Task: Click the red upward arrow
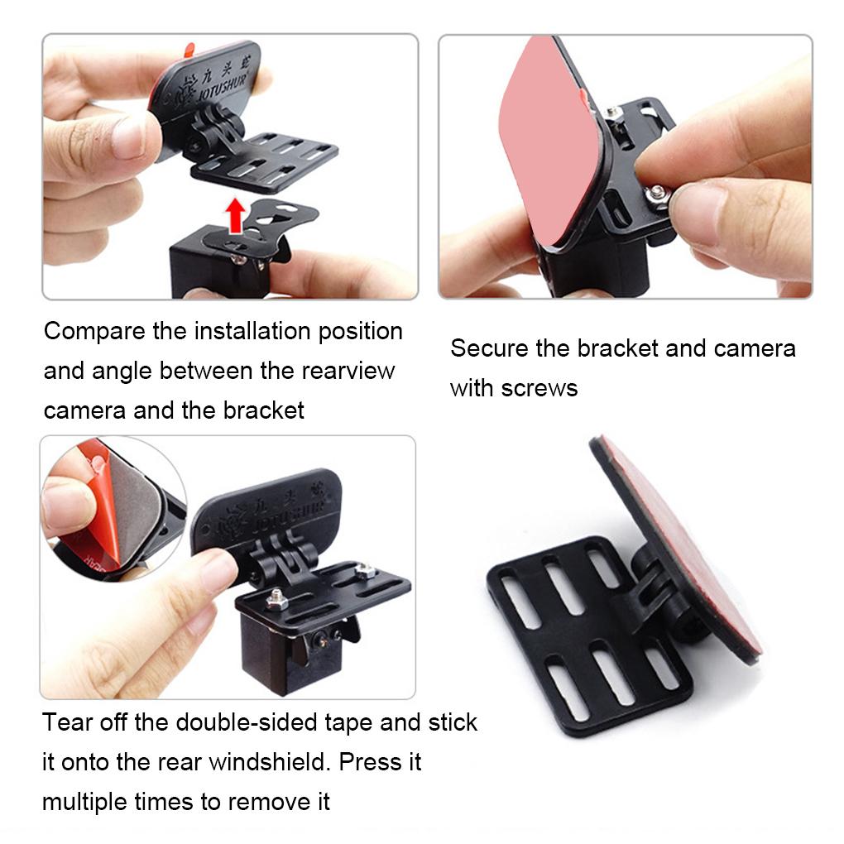(237, 217)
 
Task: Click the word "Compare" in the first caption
(95, 332)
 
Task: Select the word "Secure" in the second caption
(489, 348)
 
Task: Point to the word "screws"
(539, 388)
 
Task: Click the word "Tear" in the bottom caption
(68, 722)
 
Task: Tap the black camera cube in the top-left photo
(207, 265)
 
